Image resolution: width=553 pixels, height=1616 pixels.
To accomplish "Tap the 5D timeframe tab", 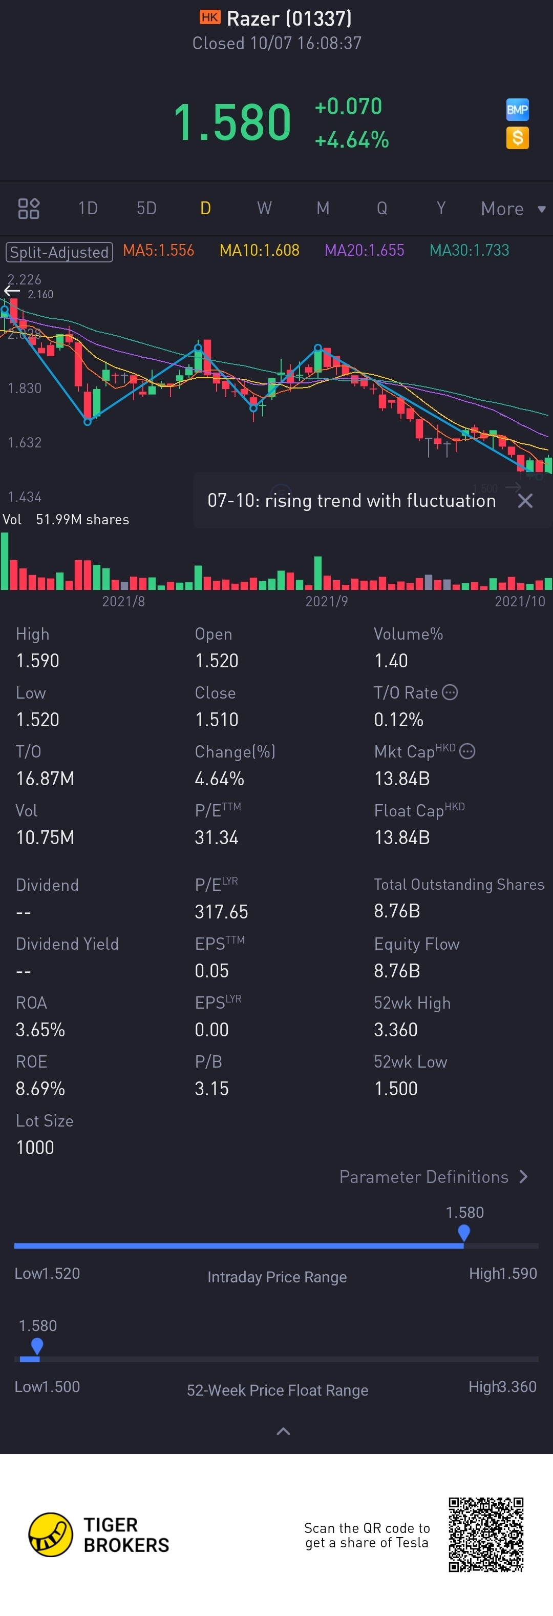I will pyautogui.click(x=146, y=208).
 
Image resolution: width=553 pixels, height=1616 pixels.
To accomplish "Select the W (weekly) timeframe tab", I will pyautogui.click(x=264, y=208).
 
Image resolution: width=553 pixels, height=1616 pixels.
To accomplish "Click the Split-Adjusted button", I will pyautogui.click(x=59, y=252).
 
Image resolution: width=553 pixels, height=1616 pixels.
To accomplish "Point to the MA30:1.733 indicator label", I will pyautogui.click(x=469, y=250).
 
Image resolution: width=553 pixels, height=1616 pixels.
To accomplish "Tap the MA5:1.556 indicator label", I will pyautogui.click(x=158, y=250).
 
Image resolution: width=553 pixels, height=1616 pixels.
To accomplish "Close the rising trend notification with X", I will pyautogui.click(x=525, y=501).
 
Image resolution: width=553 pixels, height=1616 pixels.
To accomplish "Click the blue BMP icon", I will pyautogui.click(x=517, y=110).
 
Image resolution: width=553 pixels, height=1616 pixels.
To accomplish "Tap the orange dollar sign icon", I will pyautogui.click(x=517, y=138).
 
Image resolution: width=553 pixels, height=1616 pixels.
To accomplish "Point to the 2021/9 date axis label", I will pyautogui.click(x=326, y=602).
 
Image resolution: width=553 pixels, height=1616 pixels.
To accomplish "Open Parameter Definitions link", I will pyautogui.click(x=433, y=1177).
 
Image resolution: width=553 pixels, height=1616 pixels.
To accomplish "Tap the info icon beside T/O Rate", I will pyautogui.click(x=450, y=692).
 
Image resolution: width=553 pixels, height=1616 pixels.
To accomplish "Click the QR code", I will pyautogui.click(x=486, y=1534).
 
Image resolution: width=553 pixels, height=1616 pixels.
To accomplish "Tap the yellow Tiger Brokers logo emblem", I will pyautogui.click(x=51, y=1535).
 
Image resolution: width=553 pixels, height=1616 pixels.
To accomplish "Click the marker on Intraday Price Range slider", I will pyautogui.click(x=464, y=1232).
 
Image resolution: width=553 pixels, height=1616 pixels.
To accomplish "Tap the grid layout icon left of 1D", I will pyautogui.click(x=29, y=208).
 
